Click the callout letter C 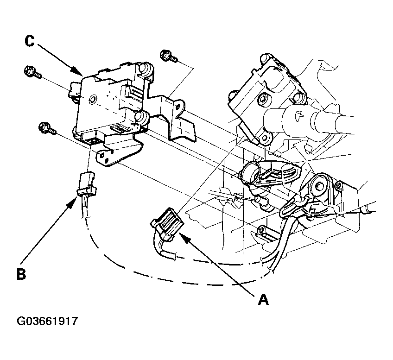pos(30,41)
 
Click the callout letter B pos(22,274)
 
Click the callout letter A pos(263,299)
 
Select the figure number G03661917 pos(47,321)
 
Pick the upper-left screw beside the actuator pos(32,72)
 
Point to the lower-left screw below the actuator pos(47,128)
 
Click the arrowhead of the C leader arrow pos(78,71)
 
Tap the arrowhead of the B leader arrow pos(73,201)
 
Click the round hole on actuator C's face pos(93,100)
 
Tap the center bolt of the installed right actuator pos(263,99)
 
